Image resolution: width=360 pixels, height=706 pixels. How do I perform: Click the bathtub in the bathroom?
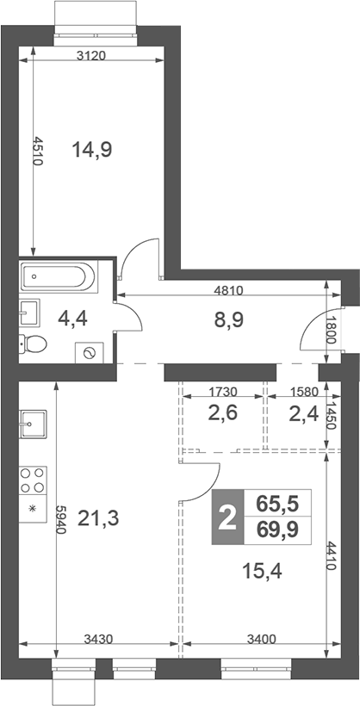[58, 276]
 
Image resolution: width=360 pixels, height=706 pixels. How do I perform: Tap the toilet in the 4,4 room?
[33, 344]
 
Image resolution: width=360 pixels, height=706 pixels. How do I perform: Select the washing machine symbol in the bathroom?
[90, 352]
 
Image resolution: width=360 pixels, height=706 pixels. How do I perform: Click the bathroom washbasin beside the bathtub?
[30, 312]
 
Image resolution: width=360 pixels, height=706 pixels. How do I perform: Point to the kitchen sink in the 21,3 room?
[33, 424]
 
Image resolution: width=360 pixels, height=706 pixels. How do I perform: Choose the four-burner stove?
[33, 480]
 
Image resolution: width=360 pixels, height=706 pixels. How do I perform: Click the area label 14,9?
[92, 150]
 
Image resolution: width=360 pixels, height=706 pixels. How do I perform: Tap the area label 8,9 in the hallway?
[229, 320]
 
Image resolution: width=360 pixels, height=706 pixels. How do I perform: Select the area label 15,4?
[262, 572]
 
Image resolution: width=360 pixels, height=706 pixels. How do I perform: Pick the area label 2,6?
[222, 412]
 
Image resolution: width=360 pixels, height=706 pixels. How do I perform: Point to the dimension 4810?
[228, 290]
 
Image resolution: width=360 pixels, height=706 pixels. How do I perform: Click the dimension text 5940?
[61, 519]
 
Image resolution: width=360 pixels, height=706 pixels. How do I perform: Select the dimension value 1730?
[222, 391]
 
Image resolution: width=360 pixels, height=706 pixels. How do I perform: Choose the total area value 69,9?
[277, 529]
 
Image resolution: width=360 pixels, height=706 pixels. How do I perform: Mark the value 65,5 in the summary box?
[277, 503]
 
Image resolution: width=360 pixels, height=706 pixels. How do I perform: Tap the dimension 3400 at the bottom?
[262, 638]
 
